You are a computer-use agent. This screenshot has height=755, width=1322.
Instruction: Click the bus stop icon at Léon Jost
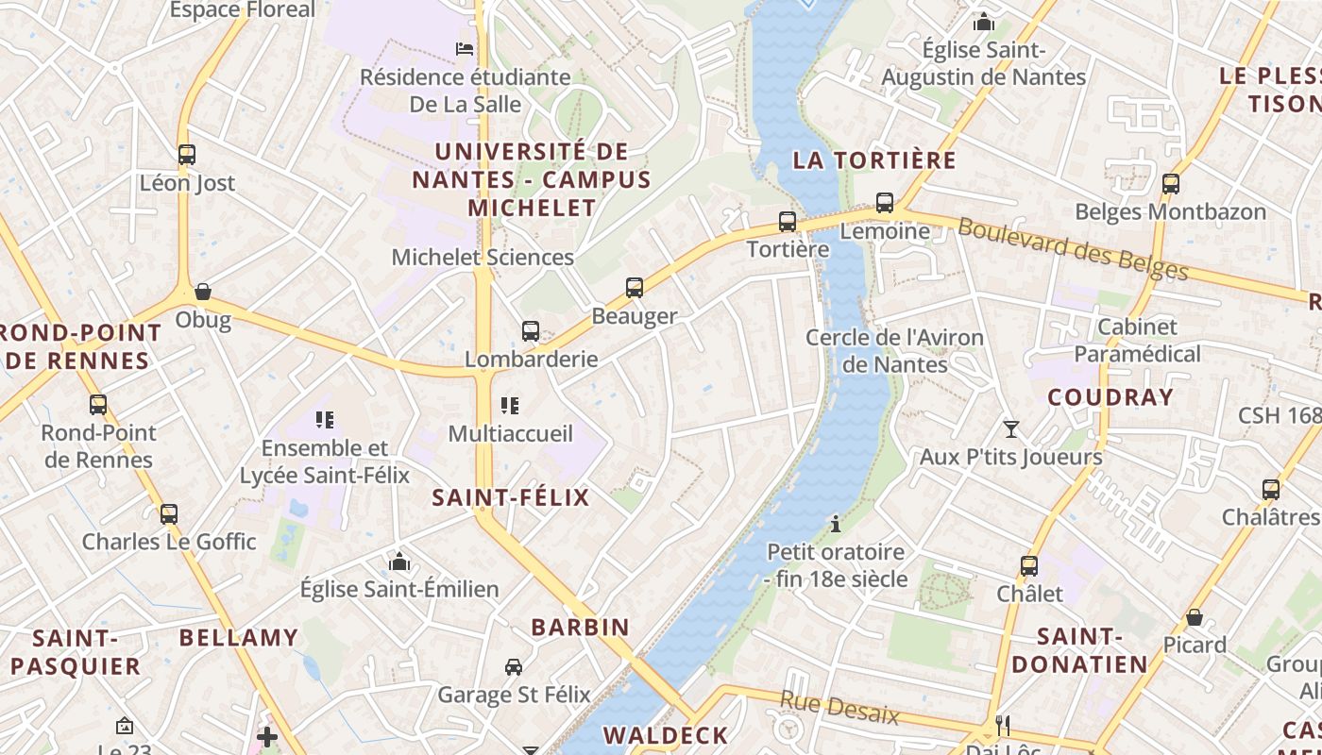(x=187, y=155)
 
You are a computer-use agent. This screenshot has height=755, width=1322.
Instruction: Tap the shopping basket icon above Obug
(x=202, y=292)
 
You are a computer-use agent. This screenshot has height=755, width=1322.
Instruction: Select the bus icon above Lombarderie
(x=531, y=331)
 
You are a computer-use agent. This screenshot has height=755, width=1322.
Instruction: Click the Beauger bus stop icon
(x=635, y=288)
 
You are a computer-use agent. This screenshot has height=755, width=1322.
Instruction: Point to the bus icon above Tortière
(x=788, y=222)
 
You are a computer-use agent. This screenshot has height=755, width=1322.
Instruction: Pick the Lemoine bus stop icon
(x=885, y=203)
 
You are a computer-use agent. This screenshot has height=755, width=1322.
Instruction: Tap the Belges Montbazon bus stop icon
(x=1171, y=184)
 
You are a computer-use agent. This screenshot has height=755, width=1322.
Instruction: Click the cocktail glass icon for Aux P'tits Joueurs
(x=1011, y=429)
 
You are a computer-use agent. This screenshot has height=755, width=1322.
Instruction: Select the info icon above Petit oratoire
(x=835, y=523)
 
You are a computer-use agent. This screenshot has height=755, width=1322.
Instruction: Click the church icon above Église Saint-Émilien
(x=399, y=562)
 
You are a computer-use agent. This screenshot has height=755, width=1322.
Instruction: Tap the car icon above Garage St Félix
(x=514, y=667)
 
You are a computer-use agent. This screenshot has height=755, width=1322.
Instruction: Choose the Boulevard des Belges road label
(x=1073, y=249)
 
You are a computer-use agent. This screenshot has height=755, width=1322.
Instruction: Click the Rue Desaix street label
(x=839, y=707)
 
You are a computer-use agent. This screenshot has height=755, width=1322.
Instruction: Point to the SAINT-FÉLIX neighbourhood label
(x=510, y=497)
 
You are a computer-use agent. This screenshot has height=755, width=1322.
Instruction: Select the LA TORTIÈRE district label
(x=874, y=159)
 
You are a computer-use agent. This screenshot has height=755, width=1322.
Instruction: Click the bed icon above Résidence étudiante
(x=465, y=49)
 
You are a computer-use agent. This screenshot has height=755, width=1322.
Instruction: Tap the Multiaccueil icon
(x=510, y=406)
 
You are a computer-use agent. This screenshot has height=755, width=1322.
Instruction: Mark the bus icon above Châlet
(x=1029, y=566)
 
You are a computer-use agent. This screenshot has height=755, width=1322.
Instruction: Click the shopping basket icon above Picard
(x=1195, y=617)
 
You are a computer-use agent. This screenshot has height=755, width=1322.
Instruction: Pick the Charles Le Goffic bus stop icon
(x=169, y=514)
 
